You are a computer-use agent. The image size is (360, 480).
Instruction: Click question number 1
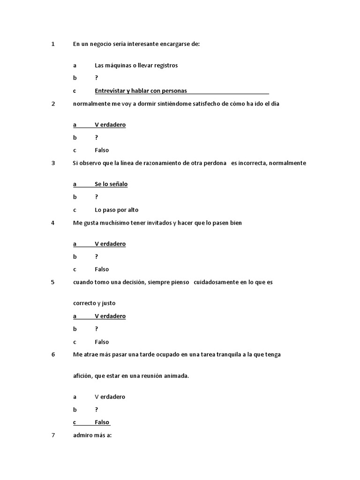[x=53, y=44]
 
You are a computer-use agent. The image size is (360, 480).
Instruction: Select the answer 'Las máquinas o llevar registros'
[x=136, y=66]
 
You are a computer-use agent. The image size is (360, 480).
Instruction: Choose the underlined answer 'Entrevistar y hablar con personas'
[x=141, y=91]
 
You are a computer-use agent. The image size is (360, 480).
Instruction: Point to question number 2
[x=53, y=104]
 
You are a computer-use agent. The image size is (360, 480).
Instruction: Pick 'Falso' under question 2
[x=102, y=150]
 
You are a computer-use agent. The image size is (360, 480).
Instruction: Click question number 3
[x=53, y=163]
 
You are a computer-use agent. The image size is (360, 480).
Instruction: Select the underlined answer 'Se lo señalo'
[x=111, y=184]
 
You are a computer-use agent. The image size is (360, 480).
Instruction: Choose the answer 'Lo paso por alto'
[x=117, y=210]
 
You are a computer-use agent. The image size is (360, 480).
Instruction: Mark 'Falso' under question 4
[x=102, y=270]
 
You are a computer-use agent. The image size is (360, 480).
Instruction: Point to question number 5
[x=53, y=282]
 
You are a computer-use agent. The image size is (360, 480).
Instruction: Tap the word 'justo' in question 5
[x=108, y=303]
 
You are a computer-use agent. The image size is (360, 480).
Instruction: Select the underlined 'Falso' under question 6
[x=102, y=422]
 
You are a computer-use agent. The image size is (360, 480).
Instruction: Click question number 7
[x=53, y=435]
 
